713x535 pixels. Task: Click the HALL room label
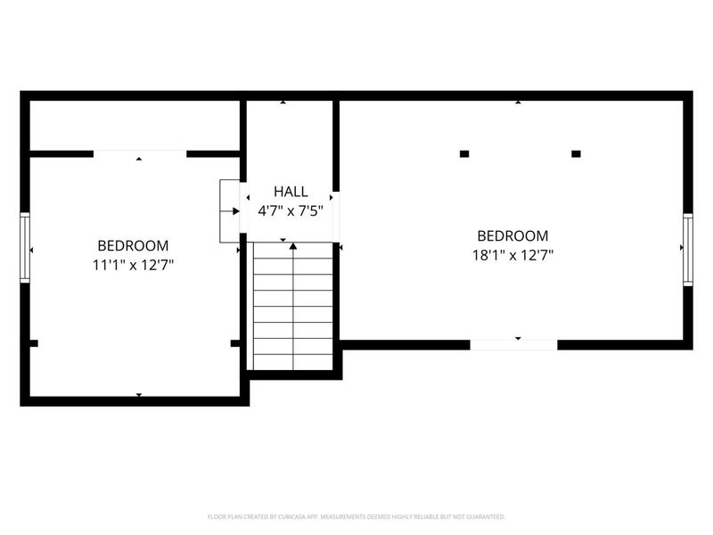(291, 192)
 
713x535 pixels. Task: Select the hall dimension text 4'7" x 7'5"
(291, 211)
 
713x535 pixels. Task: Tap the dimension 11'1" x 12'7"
(133, 265)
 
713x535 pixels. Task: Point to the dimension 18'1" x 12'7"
(512, 255)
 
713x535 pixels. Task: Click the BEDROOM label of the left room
(133, 245)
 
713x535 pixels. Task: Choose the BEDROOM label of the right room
(512, 235)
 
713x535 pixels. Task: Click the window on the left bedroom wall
(26, 248)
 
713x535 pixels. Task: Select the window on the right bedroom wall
(687, 250)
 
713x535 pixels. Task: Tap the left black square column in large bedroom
(464, 154)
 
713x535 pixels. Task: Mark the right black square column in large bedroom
(576, 154)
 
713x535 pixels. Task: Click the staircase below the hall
(293, 308)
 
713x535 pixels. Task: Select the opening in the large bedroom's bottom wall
(513, 344)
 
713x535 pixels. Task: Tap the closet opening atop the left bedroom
(140, 153)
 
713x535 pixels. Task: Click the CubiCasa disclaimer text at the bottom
(356, 516)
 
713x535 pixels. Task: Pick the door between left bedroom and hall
(230, 211)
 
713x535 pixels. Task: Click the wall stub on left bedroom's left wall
(34, 342)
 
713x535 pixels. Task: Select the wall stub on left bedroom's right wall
(235, 342)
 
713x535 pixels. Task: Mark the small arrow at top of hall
(283, 103)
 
